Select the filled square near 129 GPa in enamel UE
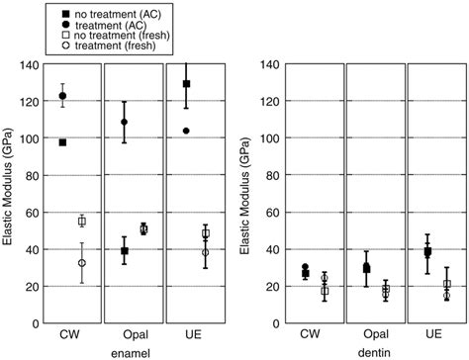186,84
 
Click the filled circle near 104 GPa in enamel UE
186,131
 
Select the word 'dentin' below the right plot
364,351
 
